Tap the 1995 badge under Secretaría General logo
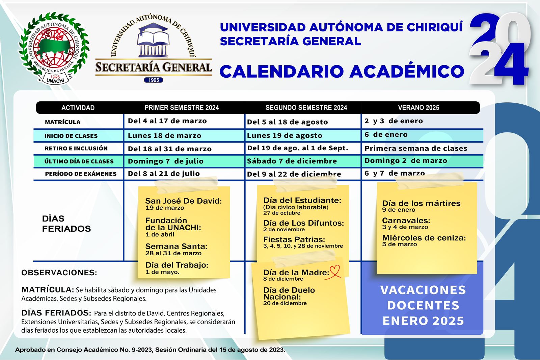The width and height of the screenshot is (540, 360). [154, 80]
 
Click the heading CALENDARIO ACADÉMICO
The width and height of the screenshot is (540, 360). [342, 71]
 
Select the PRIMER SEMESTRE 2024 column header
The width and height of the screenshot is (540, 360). [182, 108]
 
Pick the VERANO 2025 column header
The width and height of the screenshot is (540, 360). [418, 108]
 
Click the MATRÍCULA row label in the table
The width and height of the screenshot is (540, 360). [63, 122]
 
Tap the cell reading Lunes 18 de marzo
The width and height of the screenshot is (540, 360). [164, 136]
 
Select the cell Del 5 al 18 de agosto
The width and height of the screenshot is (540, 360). [287, 122]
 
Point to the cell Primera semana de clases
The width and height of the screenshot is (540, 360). [416, 148]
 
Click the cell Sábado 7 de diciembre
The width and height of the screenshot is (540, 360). [292, 161]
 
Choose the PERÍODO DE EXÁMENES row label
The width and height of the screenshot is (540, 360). [81, 174]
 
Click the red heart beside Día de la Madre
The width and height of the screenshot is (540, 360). [335, 271]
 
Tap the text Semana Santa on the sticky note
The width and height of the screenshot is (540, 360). [176, 247]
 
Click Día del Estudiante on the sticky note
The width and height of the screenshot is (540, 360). [302, 200]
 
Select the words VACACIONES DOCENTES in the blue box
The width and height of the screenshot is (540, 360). [423, 298]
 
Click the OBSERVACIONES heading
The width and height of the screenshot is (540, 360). [59, 273]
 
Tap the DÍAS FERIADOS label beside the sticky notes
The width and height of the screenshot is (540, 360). [66, 224]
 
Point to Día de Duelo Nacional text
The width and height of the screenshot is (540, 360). [289, 293]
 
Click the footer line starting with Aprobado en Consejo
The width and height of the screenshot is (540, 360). [150, 350]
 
